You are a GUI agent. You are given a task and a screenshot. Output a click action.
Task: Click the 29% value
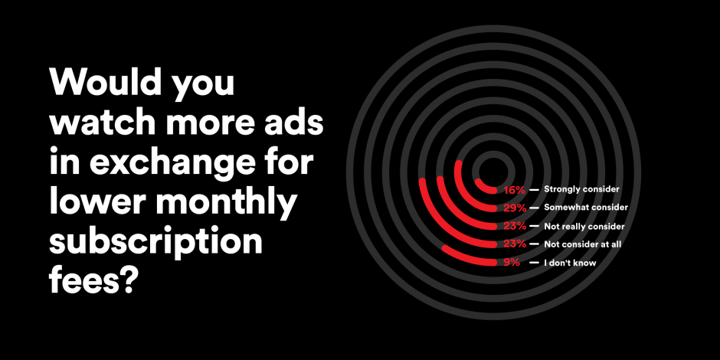click(x=515, y=208)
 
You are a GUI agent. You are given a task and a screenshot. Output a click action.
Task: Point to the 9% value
click(x=512, y=263)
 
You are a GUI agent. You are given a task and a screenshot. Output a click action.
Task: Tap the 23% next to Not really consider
click(x=515, y=227)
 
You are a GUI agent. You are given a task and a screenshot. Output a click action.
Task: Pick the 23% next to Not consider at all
click(x=515, y=244)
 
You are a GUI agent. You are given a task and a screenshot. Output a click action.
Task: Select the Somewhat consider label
click(x=585, y=208)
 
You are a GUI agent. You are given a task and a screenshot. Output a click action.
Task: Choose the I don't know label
click(x=570, y=263)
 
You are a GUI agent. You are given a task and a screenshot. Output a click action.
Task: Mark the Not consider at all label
click(x=582, y=244)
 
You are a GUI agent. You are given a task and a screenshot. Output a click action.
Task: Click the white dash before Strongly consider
click(x=534, y=190)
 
